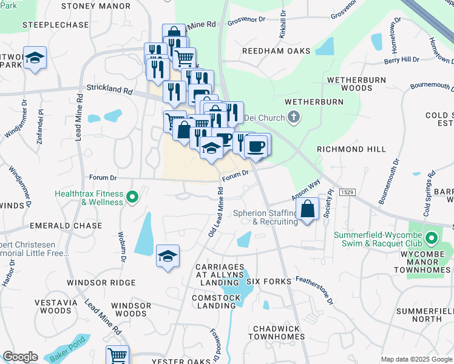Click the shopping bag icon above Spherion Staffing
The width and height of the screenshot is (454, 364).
(308, 209)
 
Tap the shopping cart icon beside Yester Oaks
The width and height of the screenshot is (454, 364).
(118, 356)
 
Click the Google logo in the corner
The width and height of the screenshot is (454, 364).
(20, 357)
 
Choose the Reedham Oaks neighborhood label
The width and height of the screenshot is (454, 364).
(276, 51)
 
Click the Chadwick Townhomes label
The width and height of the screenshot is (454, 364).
(277, 332)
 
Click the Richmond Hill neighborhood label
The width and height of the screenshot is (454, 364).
(351, 149)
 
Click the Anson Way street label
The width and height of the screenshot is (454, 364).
(306, 190)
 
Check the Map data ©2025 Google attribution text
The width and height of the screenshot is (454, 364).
(416, 359)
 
